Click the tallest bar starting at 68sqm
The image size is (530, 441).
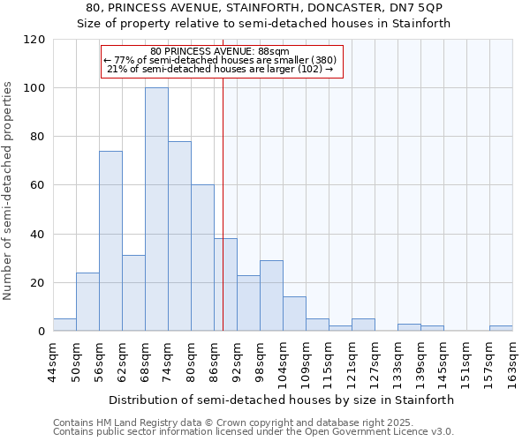tap(156, 210)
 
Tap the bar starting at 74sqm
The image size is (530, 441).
tap(179, 236)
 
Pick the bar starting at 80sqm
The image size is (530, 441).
tap(202, 258)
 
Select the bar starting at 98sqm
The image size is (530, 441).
tap(271, 295)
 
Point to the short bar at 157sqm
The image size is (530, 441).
tap(501, 328)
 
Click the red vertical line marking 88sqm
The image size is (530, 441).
tap(223, 220)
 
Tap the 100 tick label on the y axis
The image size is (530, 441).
tap(34, 88)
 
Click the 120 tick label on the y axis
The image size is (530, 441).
tap(34, 40)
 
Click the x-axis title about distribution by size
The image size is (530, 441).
tap(283, 400)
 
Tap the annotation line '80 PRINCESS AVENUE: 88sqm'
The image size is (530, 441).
tap(220, 52)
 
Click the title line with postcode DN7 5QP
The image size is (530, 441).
tap(264, 8)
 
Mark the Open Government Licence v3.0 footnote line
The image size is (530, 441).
tap(253, 431)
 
